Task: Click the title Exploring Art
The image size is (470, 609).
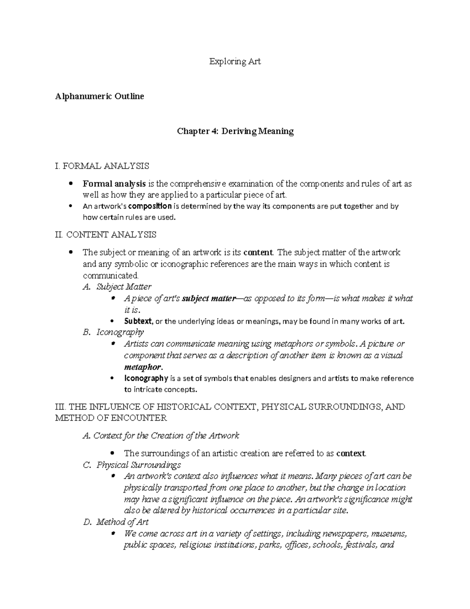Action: click(x=235, y=62)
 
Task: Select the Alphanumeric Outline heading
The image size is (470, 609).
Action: click(x=99, y=96)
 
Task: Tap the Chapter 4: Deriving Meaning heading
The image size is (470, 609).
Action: click(x=235, y=131)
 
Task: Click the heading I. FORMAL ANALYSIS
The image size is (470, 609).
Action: click(x=102, y=166)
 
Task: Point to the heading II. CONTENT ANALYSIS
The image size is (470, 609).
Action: click(x=106, y=235)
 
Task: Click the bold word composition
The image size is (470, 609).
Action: click(x=150, y=206)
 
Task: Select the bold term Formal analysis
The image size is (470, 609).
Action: click(x=114, y=184)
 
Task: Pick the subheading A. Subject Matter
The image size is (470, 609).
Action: click(x=117, y=287)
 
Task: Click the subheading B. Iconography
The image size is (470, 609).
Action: click(x=113, y=332)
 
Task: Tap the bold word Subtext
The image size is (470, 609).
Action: click(x=138, y=321)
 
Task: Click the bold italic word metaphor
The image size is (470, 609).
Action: click(x=142, y=367)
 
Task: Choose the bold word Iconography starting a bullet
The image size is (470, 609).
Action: click(x=146, y=378)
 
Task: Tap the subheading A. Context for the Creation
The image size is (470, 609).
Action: click(x=161, y=436)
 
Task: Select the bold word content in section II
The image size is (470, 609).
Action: click(x=257, y=252)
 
